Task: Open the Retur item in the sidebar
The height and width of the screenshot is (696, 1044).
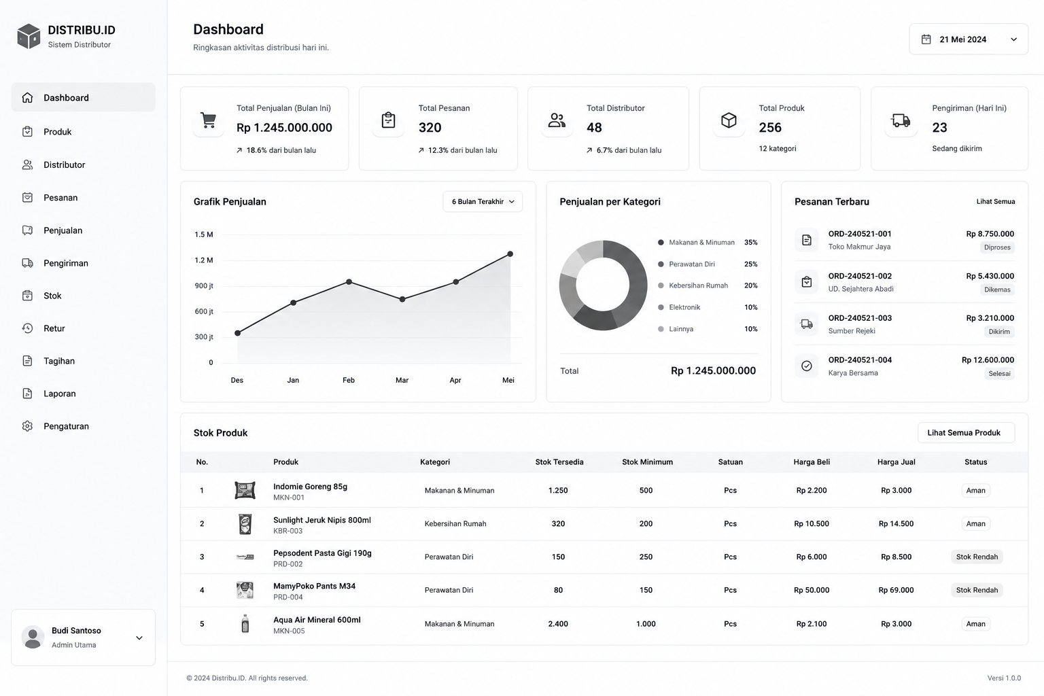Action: pyautogui.click(x=54, y=328)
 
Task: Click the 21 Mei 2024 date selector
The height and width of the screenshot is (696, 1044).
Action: pyautogui.click(x=968, y=39)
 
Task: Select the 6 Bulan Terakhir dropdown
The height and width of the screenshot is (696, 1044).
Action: pyautogui.click(x=483, y=201)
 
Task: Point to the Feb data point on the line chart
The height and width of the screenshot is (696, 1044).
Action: pyautogui.click(x=349, y=281)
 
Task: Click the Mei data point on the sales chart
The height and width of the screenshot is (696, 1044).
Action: pyautogui.click(x=510, y=254)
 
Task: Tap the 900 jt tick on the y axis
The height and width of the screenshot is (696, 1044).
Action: pyautogui.click(x=204, y=285)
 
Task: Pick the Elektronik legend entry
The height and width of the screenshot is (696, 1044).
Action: pyautogui.click(x=684, y=307)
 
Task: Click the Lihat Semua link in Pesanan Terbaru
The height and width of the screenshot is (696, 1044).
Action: pyautogui.click(x=996, y=201)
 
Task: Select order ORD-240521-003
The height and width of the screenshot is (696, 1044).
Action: pyautogui.click(x=860, y=318)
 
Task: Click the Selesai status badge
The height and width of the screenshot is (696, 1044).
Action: pyautogui.click(x=999, y=373)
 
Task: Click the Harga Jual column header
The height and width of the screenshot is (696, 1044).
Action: pyautogui.click(x=896, y=462)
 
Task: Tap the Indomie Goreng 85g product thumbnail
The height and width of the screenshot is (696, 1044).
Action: pyautogui.click(x=245, y=491)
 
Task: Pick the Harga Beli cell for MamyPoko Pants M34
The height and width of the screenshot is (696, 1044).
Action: pyautogui.click(x=812, y=590)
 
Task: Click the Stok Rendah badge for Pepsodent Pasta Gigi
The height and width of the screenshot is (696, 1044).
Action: pyautogui.click(x=977, y=557)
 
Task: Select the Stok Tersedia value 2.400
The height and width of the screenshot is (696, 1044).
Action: pyautogui.click(x=558, y=624)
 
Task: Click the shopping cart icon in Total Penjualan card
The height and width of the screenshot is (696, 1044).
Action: pyautogui.click(x=209, y=120)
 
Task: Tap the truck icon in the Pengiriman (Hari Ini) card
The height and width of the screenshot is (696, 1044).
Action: pyautogui.click(x=901, y=120)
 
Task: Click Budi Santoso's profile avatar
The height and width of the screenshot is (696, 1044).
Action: pyautogui.click(x=33, y=638)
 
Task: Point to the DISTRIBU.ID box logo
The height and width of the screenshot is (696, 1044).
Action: pyautogui.click(x=29, y=36)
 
